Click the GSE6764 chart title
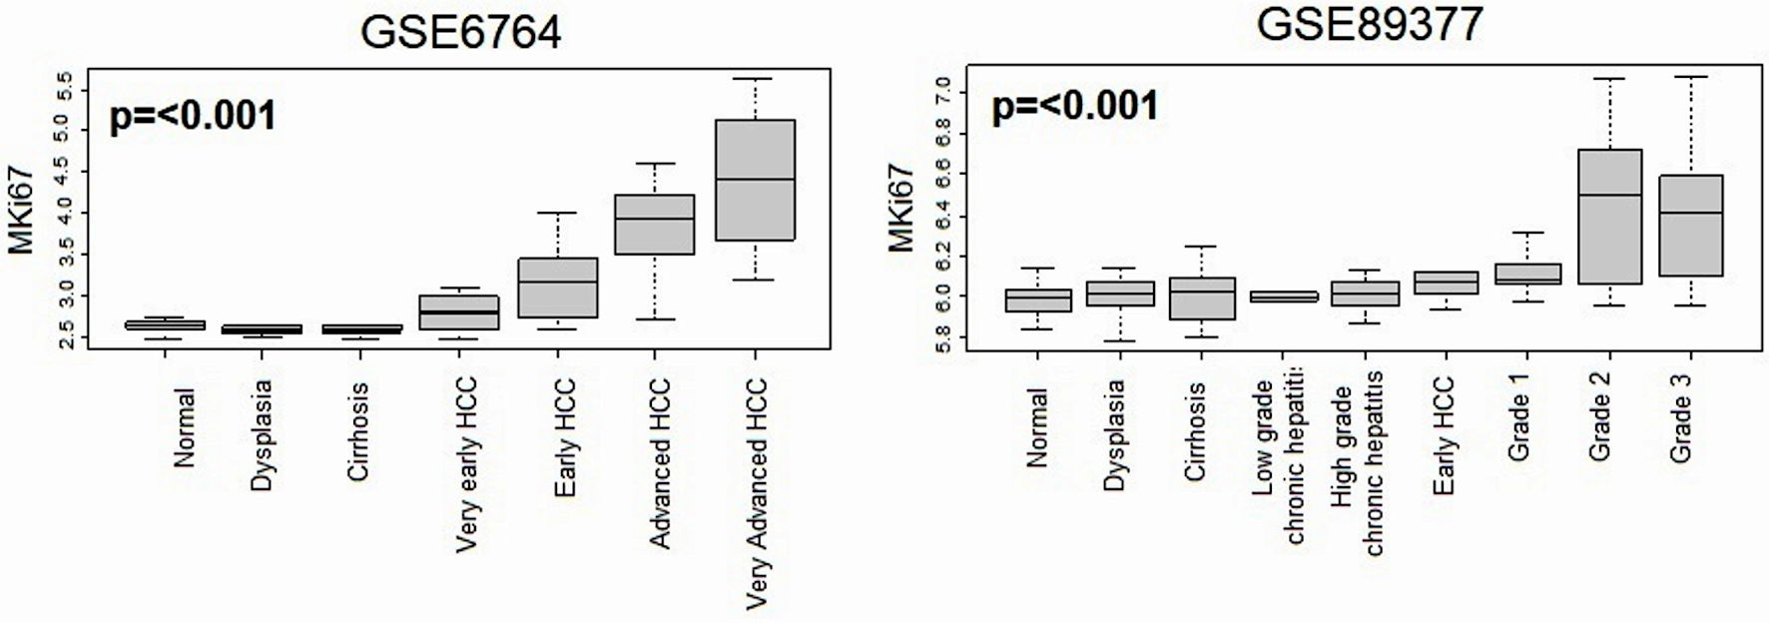tap(460, 32)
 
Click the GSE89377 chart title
tap(1369, 24)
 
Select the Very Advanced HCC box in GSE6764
tap(755, 180)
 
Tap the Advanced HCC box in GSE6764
tap(654, 224)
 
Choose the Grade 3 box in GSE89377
tap(1690, 226)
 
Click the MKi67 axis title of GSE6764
tap(23, 212)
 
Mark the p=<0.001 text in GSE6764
tap(193, 117)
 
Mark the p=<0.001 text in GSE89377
tap(1075, 105)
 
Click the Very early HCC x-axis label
tap(465, 464)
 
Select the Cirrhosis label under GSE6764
tap(358, 432)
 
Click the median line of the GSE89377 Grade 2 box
tap(1609, 195)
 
